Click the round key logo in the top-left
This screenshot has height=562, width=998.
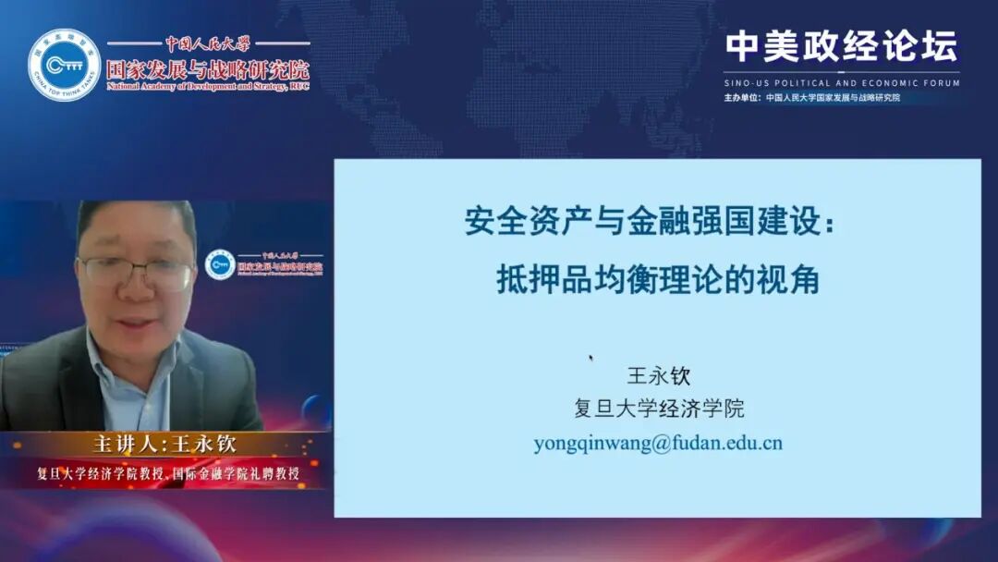(x=64, y=65)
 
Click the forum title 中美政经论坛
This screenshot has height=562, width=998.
(x=841, y=46)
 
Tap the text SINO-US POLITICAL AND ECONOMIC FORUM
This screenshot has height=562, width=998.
(x=841, y=83)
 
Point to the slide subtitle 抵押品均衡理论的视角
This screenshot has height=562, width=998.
(x=658, y=279)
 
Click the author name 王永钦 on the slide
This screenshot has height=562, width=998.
(x=659, y=376)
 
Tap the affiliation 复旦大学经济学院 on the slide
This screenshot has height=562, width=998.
(x=659, y=409)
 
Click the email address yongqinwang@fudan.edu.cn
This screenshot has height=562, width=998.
(x=658, y=443)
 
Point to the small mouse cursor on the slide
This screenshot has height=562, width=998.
(x=590, y=358)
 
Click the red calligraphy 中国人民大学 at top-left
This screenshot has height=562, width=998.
(x=207, y=43)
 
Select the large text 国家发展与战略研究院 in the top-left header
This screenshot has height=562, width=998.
(x=207, y=69)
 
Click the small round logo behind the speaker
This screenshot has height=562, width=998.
(x=220, y=265)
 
